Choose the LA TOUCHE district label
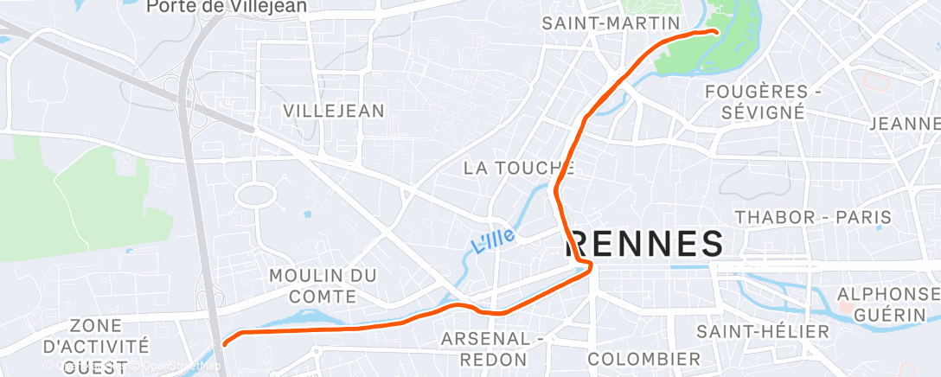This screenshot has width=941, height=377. coord(519,168)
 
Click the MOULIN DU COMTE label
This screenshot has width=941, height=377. coord(323,285)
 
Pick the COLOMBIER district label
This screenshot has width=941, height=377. coord(644,358)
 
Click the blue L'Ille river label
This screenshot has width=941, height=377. coord(494,239)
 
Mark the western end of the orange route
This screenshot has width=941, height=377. coord(225,343)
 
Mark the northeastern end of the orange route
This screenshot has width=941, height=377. coord(717,32)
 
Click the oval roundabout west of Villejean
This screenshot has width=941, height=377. coord(255,194)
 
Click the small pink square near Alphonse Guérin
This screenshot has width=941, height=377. coord(845,307)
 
